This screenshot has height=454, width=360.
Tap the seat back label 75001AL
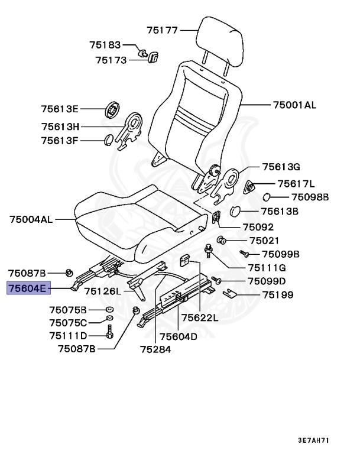tap(294, 105)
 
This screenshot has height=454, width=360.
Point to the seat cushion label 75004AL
tap(31, 219)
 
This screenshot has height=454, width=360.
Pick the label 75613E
tap(60, 109)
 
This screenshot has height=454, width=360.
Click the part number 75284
tap(155, 349)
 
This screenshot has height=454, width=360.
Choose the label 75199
tap(278, 294)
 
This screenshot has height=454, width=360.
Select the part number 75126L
tap(102, 291)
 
